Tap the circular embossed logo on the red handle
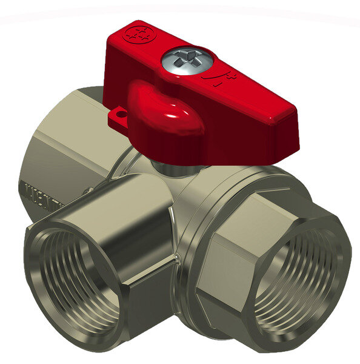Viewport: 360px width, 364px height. pyautogui.click(x=138, y=34)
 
